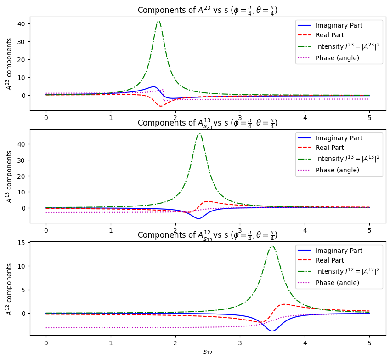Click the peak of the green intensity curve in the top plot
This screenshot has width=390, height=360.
click(x=158, y=22)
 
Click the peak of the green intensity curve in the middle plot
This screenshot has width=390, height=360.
click(x=199, y=134)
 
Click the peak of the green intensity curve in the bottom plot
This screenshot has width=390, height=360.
click(x=272, y=246)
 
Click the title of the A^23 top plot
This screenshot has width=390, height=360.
click(x=207, y=10)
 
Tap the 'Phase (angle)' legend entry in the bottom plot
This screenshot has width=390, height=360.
click(x=337, y=283)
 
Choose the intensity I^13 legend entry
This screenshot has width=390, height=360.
click(x=347, y=159)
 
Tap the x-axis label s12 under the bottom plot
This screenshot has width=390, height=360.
click(x=208, y=352)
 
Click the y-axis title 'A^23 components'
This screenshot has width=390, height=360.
click(x=9, y=64)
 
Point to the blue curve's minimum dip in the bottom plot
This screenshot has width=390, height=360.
click(x=272, y=331)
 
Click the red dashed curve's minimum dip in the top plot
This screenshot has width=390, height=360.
click(x=161, y=106)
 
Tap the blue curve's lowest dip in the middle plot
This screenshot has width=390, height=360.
click(x=198, y=218)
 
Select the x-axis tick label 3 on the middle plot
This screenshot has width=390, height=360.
click(x=240, y=231)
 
